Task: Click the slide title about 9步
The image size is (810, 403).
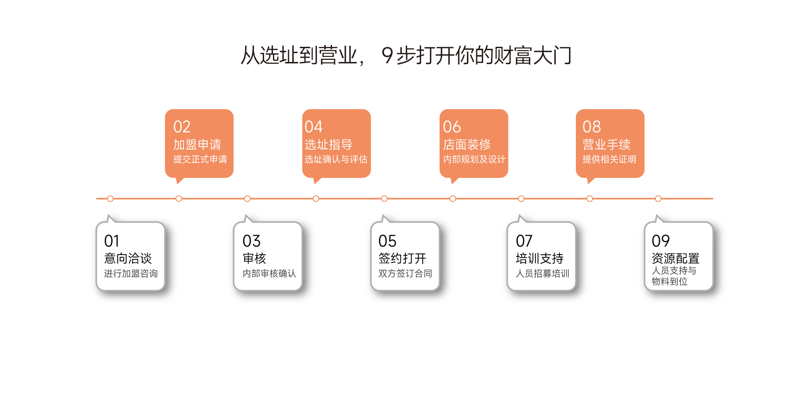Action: [x=406, y=56]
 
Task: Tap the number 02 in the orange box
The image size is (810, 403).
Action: [x=182, y=127]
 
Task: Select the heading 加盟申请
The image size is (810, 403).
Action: [x=197, y=145]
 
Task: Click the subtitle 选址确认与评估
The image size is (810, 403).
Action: [x=336, y=159]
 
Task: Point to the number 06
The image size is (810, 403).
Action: [x=452, y=127]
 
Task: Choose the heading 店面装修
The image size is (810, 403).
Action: [x=467, y=145]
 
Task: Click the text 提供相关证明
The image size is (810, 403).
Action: [x=609, y=159]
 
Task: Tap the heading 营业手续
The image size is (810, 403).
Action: [x=606, y=145]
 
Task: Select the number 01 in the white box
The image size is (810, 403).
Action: [x=112, y=241]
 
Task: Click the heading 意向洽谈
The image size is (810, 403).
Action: [x=128, y=258]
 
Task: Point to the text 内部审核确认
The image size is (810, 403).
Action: [x=269, y=274]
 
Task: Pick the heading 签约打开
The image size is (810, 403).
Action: [x=402, y=258]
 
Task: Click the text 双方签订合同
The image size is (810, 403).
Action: [x=405, y=274]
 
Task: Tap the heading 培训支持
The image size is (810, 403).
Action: [x=540, y=258]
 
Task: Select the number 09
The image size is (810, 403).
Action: [x=661, y=241]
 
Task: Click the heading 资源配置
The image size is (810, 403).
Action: [x=675, y=258]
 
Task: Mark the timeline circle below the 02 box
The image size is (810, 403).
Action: [x=179, y=199]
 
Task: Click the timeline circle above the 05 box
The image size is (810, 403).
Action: [x=384, y=199]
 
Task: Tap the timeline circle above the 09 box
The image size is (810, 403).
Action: [x=658, y=199]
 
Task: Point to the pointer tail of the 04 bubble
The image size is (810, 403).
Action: [x=316, y=181]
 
